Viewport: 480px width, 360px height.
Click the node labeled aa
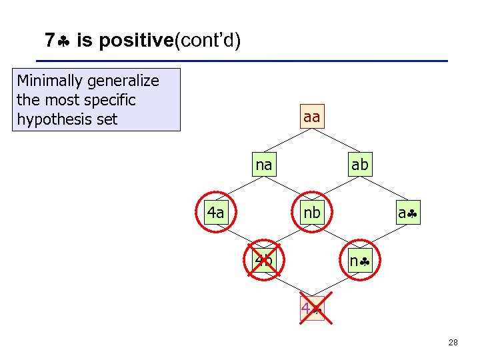[x=311, y=117]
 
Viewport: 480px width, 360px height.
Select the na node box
[x=264, y=165]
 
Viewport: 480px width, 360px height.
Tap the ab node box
[x=359, y=165]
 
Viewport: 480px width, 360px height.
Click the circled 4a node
[x=215, y=213]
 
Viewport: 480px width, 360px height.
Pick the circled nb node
[x=311, y=213]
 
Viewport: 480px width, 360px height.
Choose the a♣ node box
[x=407, y=213]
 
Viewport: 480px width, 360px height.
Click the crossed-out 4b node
[x=264, y=260]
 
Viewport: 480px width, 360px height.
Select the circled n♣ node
[x=359, y=261]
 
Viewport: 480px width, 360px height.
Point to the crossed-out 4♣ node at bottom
[x=311, y=309]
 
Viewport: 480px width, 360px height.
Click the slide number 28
[x=453, y=343]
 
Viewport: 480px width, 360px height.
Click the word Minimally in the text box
[x=49, y=81]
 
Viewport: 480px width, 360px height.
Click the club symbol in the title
[x=64, y=41]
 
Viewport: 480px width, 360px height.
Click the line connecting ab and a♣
[x=384, y=189]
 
